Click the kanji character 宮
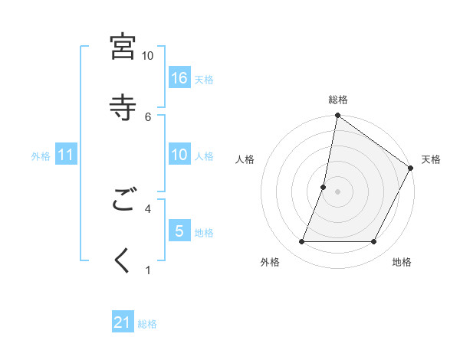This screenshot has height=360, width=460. tap(123, 46)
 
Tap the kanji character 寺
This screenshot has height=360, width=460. tap(123, 106)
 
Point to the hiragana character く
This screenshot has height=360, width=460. tap(123, 260)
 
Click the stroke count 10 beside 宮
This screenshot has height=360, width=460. tap(148, 56)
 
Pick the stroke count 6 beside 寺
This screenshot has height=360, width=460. tap(148, 116)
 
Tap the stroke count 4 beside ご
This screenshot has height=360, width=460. tap(148, 208)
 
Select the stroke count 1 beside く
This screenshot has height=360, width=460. tap(148, 270)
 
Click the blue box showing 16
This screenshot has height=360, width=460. tap(179, 78)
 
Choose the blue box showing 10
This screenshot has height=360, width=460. tap(179, 155)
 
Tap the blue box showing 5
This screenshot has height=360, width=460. tap(179, 231)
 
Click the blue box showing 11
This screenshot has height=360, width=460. tap(66, 155)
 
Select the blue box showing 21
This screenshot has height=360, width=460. tap(123, 323)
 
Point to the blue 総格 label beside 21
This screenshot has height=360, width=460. tap(147, 324)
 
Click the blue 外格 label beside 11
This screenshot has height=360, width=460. tap(41, 155)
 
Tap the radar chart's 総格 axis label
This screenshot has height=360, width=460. tap(338, 100)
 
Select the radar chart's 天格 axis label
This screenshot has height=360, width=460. tap(431, 159)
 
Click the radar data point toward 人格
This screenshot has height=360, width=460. tap(324, 187)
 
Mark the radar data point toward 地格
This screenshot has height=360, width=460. tap(374, 242)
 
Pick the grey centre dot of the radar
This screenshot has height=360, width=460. tap(338, 191)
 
